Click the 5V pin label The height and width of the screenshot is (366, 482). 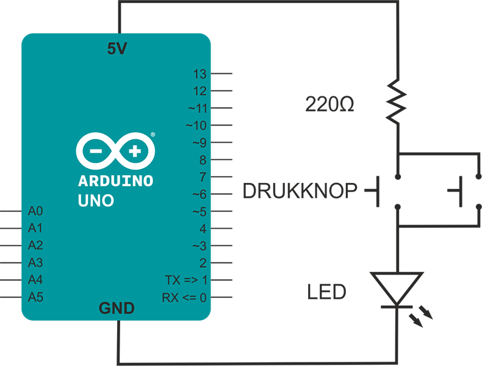tap(117, 49)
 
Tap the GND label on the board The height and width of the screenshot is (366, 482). tap(117, 309)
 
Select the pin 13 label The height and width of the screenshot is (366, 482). tap(200, 74)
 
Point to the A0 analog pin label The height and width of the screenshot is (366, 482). tap(36, 212)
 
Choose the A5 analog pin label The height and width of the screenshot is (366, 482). tap(36, 298)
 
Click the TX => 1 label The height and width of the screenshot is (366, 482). tap(186, 281)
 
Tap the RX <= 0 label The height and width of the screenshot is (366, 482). tap(184, 298)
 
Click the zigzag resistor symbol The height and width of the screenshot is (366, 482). tap(397, 101)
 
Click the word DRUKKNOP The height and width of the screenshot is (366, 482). tap(300, 192)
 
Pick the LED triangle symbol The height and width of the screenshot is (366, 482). tap(397, 289)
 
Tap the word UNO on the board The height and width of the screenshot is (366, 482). tap(96, 200)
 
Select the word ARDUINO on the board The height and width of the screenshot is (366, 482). tap(116, 181)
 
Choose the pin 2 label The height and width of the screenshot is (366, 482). tap(203, 264)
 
